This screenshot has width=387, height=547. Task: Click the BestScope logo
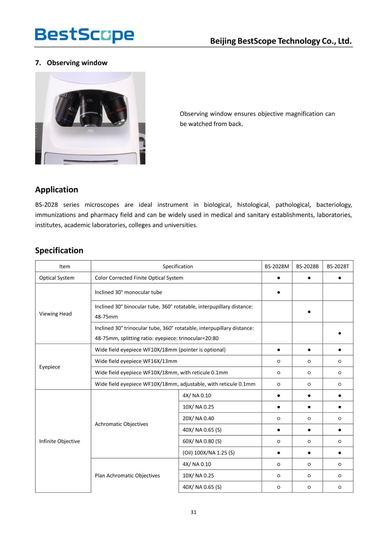[84, 35]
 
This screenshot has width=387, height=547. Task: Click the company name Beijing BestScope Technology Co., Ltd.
[281, 41]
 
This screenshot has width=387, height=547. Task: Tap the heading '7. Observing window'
[71, 63]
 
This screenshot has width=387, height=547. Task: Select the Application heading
[57, 190]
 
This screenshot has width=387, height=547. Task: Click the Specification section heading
[59, 250]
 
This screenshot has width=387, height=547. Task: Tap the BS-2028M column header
[277, 266]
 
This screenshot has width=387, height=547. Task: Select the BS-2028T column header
[338, 266]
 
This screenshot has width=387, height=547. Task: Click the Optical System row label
[57, 278]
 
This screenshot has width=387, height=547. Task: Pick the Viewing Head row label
[56, 314]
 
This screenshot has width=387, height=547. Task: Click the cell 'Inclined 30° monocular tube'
[128, 292]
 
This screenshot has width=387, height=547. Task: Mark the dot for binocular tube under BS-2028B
[309, 312]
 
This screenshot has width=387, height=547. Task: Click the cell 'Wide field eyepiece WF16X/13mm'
[136, 361]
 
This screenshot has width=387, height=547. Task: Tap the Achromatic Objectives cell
[121, 424]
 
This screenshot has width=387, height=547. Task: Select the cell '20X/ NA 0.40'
[198, 418]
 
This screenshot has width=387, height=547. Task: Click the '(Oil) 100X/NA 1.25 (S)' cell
[209, 453]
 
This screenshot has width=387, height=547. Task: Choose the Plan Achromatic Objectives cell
[127, 475]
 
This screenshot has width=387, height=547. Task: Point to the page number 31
[193, 512]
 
